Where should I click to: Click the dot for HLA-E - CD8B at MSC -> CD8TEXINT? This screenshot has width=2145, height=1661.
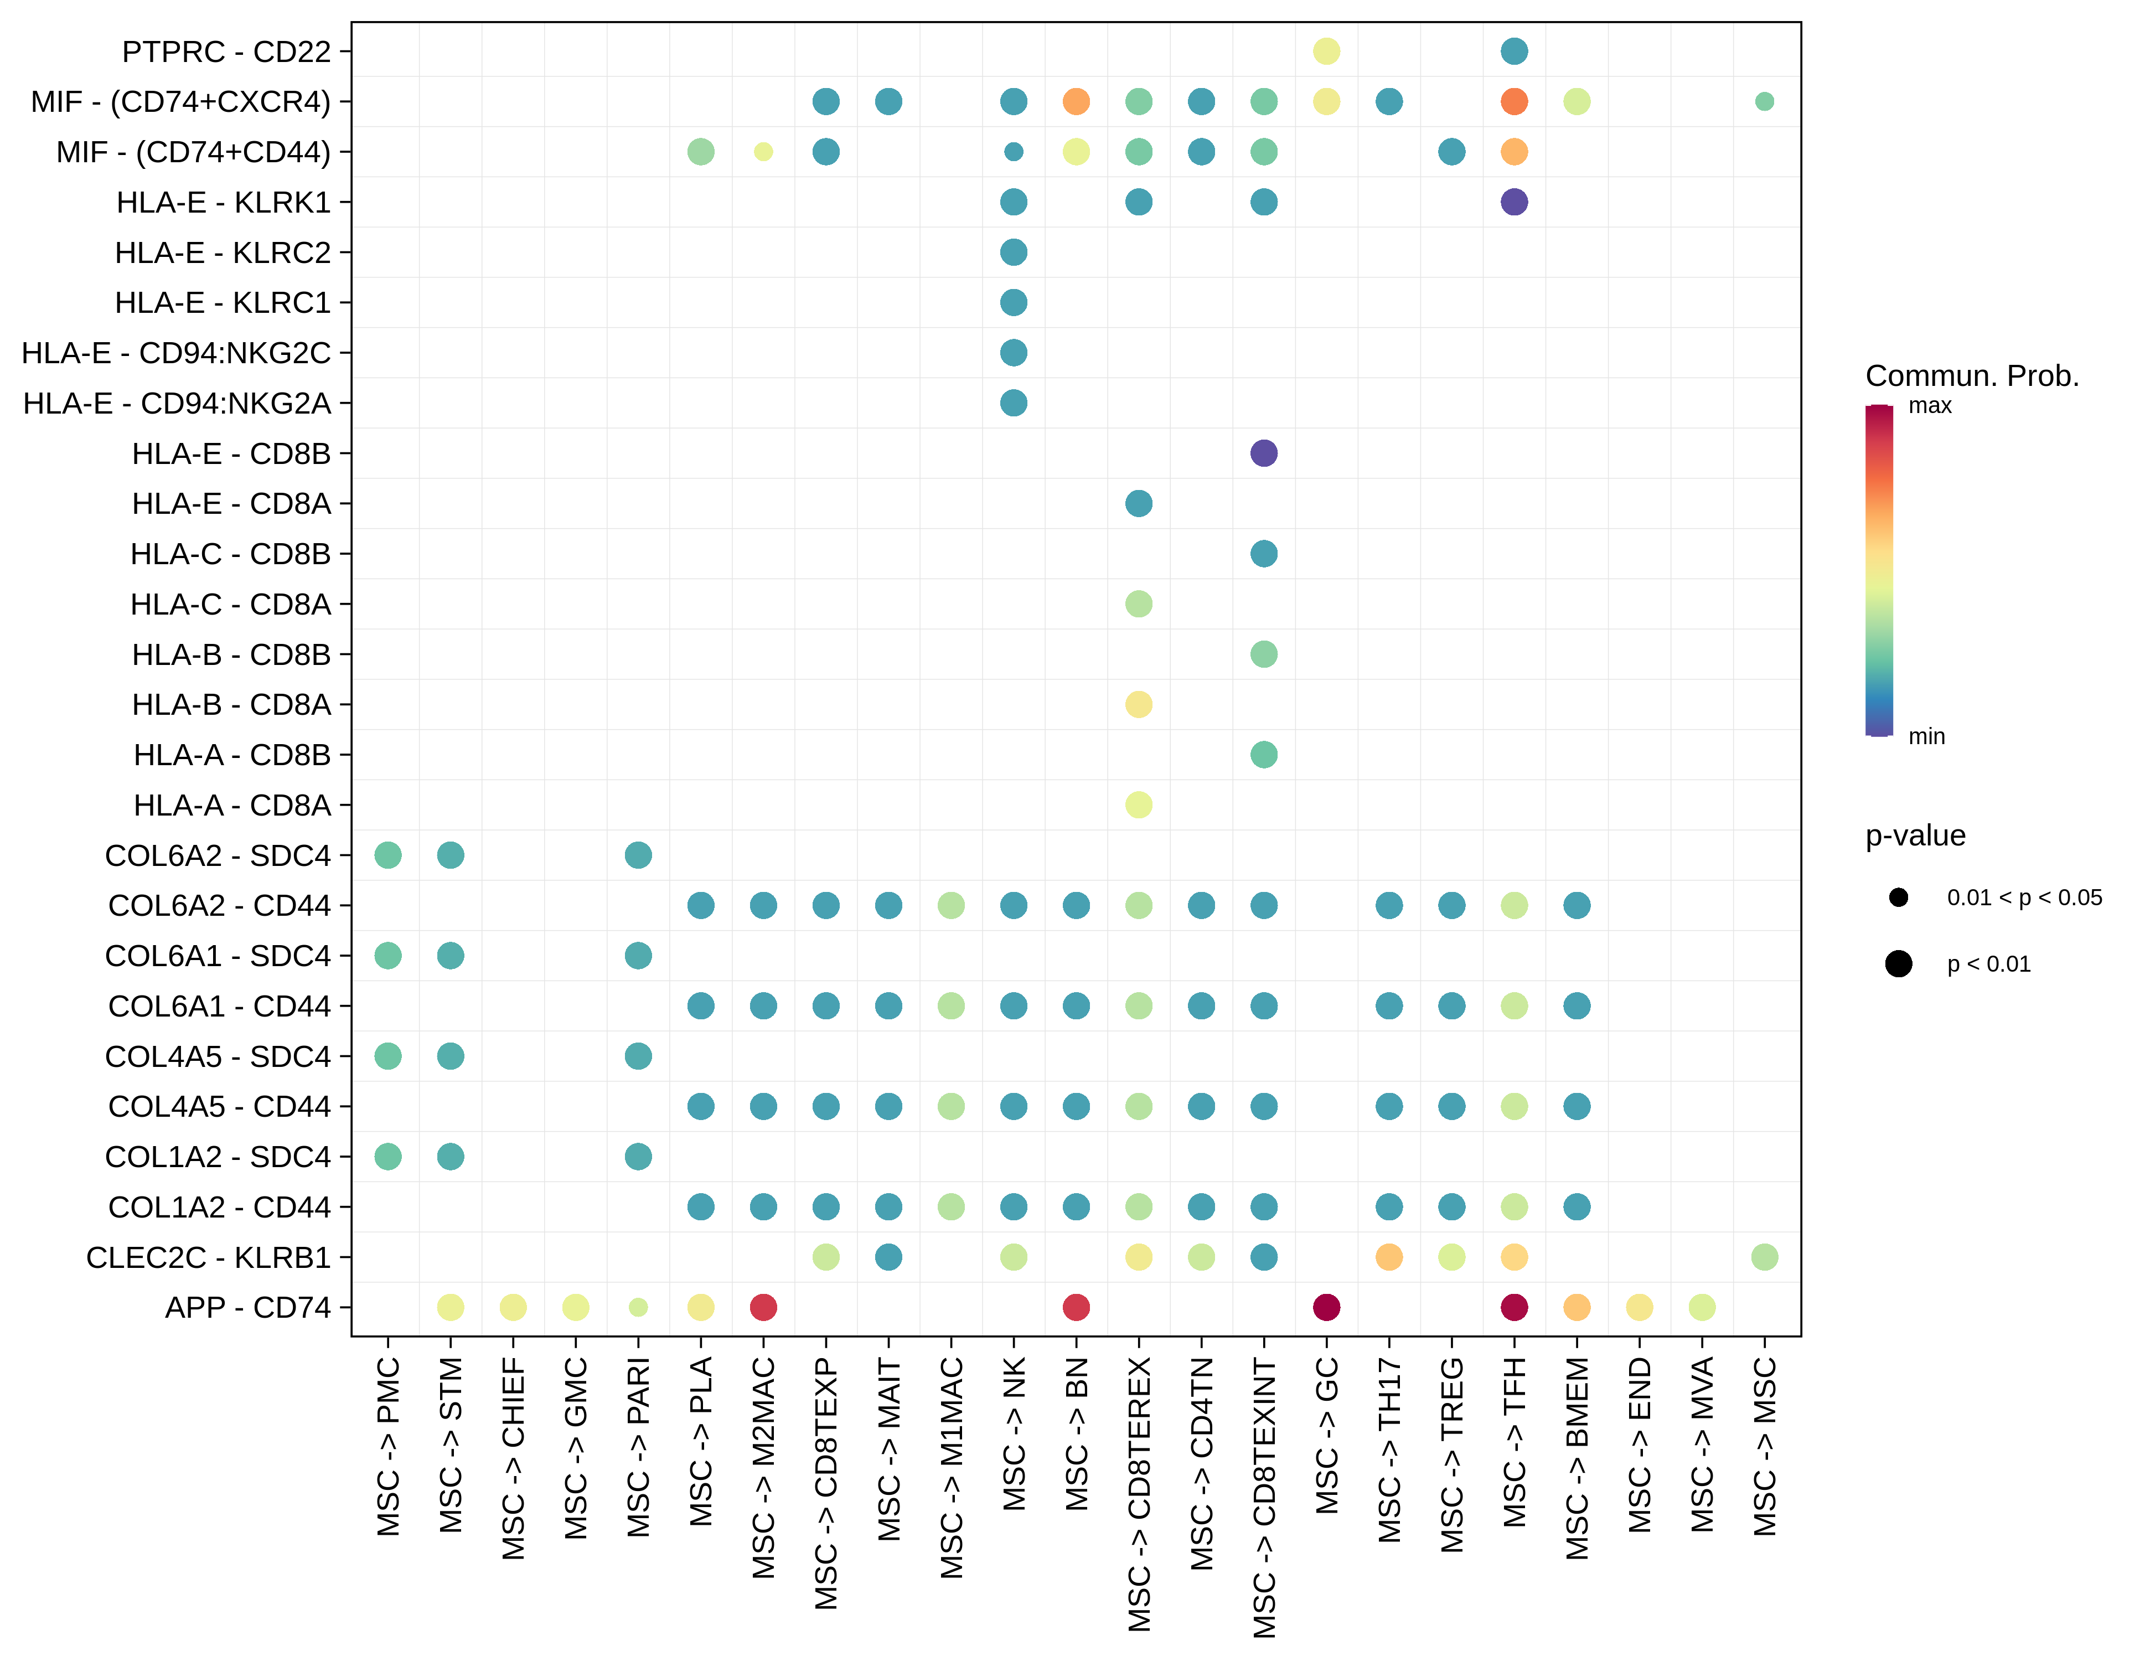1263,453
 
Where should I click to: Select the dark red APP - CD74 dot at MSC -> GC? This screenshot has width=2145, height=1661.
1326,1307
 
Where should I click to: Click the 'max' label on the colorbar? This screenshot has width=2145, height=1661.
1929,406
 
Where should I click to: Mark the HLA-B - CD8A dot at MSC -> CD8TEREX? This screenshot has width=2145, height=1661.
1138,704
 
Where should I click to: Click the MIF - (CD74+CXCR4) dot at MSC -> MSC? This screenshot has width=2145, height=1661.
1764,101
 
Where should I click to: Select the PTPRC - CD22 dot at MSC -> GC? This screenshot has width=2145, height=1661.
1326,51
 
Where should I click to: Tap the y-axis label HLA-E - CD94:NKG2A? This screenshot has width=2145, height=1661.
177,403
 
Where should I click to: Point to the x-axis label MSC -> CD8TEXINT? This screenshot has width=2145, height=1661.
1264,1498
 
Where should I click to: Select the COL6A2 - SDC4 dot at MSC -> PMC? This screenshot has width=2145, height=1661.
388,854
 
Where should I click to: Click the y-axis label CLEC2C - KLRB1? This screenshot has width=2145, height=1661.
208,1257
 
